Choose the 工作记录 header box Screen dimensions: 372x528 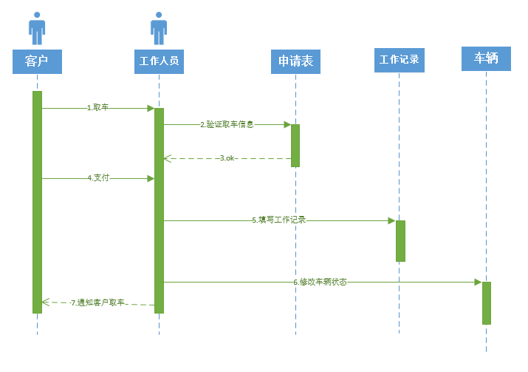coord(400,59)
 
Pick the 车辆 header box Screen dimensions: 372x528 coord(486,58)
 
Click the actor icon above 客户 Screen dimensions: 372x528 coord(37,28)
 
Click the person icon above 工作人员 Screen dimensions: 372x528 coord(159,28)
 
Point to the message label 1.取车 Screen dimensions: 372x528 coord(97,108)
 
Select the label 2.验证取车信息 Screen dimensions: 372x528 coord(227,124)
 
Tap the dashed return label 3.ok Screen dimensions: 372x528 coord(227,158)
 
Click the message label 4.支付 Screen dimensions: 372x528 coord(97,178)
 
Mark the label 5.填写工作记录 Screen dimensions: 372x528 coord(278,220)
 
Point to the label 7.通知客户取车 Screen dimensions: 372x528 coord(97,303)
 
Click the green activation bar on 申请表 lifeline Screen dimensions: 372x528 coord(295,145)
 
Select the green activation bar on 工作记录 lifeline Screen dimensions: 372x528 coord(400,240)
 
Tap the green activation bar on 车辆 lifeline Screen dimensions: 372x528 coord(487,302)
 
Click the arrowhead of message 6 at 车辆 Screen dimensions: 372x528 coord(478,282)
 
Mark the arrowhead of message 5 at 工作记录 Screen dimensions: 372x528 coord(391,220)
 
